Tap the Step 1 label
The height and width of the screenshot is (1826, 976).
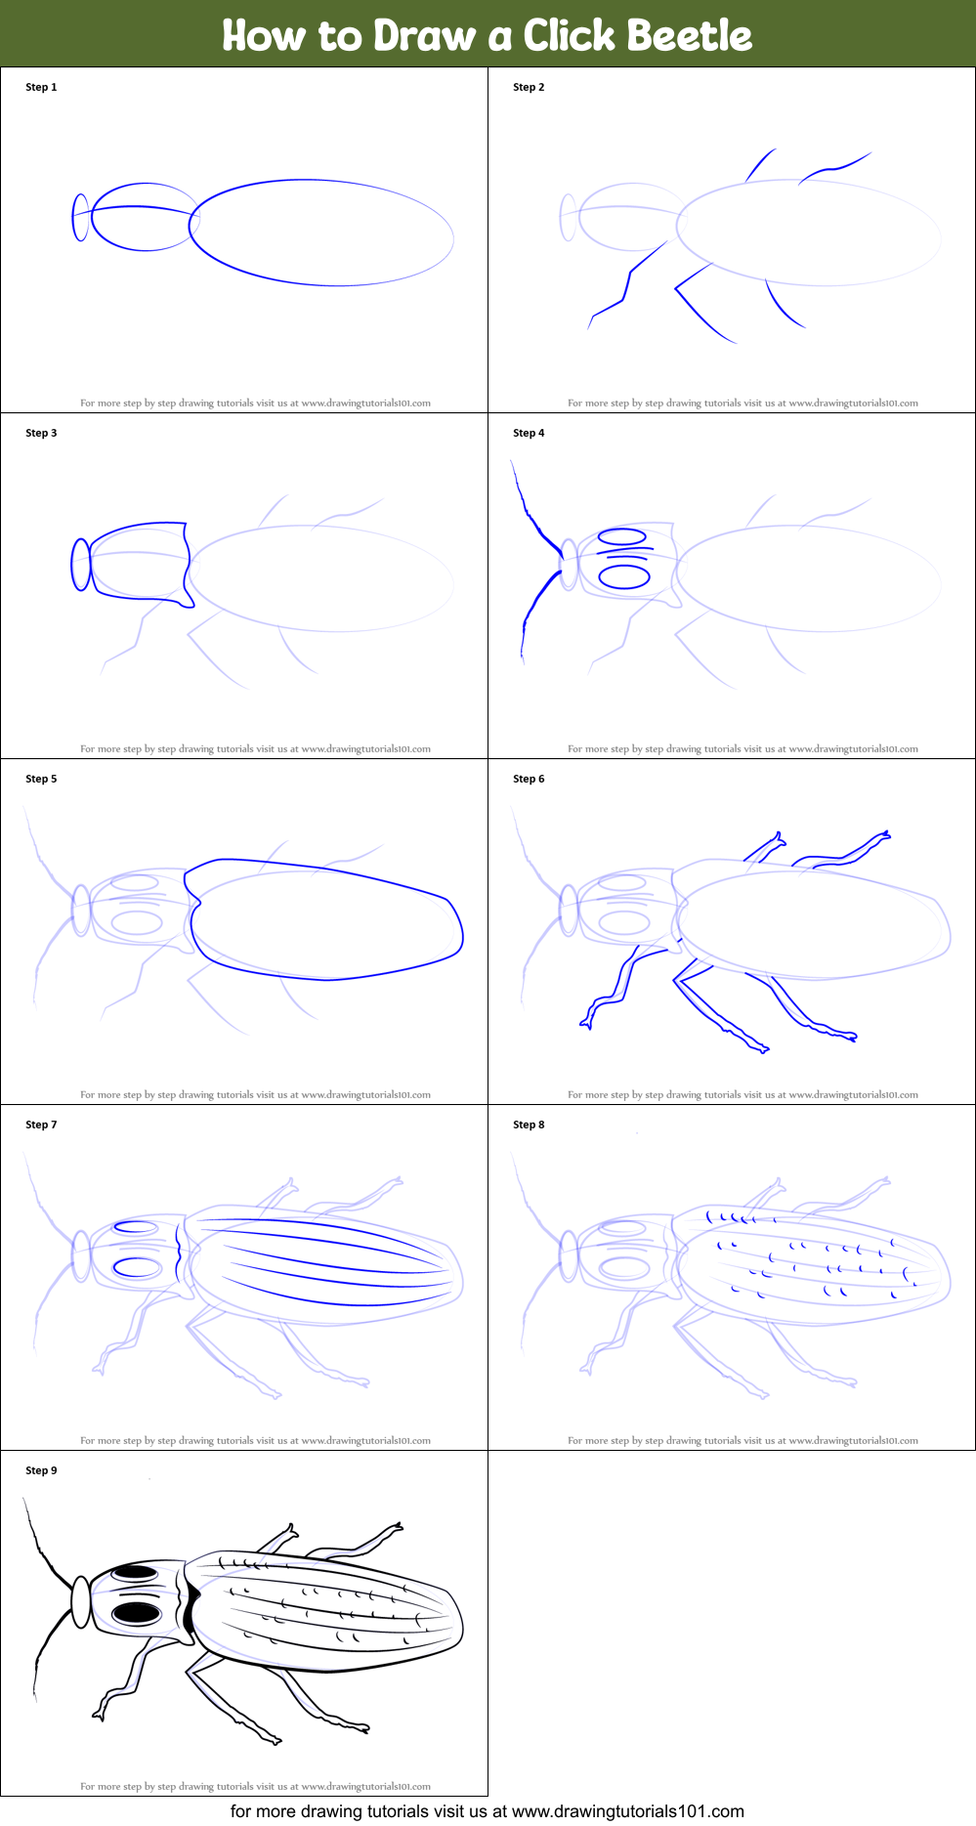click(x=41, y=87)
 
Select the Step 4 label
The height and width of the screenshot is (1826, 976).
click(x=529, y=433)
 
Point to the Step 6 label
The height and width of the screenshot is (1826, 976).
click(x=529, y=779)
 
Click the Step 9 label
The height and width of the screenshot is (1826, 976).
click(x=41, y=1470)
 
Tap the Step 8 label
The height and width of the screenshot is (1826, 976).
click(x=529, y=1125)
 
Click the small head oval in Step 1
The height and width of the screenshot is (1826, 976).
click(x=80, y=217)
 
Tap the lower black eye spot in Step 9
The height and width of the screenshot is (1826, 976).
click(x=136, y=1611)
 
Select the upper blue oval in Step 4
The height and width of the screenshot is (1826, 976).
click(x=621, y=536)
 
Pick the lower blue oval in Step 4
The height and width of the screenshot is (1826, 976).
click(x=624, y=576)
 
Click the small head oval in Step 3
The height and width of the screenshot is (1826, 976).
click(x=81, y=565)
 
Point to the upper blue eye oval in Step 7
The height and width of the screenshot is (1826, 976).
click(x=136, y=1228)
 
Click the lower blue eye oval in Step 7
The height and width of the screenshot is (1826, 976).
click(x=137, y=1267)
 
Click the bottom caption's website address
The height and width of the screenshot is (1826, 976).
click(x=627, y=1811)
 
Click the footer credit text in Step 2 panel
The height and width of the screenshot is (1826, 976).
click(x=743, y=403)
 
